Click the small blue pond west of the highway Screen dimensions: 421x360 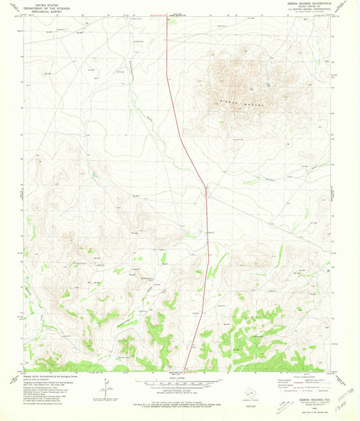pos(95,175)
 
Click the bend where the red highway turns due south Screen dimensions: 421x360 pos(206,187)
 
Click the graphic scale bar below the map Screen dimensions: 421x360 pos(180,382)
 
